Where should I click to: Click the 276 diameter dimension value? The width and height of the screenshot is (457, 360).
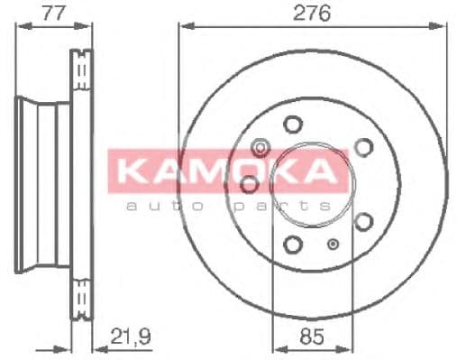point(313,13)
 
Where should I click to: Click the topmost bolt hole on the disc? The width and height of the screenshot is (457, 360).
point(292,125)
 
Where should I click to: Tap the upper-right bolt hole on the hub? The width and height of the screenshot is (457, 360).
point(363,146)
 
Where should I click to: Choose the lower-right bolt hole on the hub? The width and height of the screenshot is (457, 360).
point(363,221)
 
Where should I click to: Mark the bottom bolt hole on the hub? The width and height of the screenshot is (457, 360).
point(292,243)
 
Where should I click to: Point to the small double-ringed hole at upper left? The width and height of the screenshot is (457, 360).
point(260,146)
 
